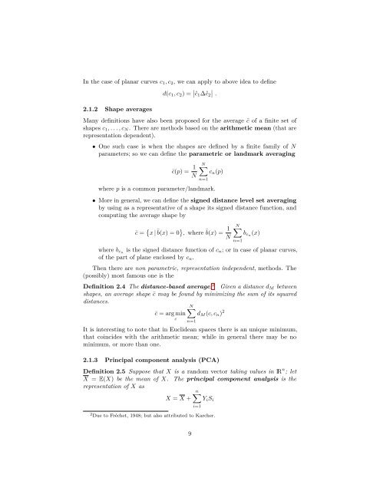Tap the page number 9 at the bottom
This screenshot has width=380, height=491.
(190, 453)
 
